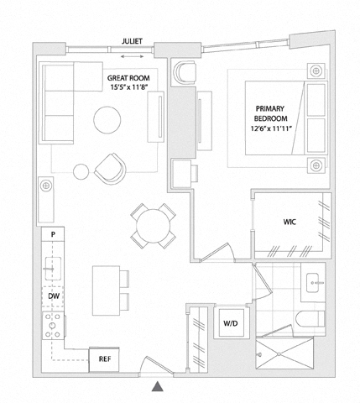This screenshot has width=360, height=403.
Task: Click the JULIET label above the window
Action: click(x=132, y=41)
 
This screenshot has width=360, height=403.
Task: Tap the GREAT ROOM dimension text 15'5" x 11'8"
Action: click(x=128, y=87)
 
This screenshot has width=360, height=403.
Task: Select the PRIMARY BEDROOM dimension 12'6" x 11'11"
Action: click(x=271, y=128)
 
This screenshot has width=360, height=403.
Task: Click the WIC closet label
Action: click(x=290, y=222)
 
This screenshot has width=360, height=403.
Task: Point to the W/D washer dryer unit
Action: click(x=231, y=323)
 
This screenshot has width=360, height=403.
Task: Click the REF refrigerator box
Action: click(x=104, y=359)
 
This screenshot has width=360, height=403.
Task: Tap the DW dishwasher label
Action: click(x=54, y=296)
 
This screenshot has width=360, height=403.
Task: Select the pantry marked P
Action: click(x=53, y=234)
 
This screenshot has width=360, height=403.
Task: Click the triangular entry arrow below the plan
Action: click(x=158, y=386)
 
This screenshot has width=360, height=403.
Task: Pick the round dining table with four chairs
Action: click(x=154, y=226)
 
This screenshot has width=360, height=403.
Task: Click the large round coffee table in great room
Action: click(x=107, y=120)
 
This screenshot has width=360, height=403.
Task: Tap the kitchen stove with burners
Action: click(x=53, y=326)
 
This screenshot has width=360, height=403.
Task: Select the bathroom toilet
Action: click(x=310, y=318)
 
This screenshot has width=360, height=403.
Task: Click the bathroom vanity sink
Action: click(x=312, y=282)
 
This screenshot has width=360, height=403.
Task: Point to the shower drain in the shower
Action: click(x=279, y=354)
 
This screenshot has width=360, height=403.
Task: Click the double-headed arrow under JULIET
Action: click(x=132, y=56)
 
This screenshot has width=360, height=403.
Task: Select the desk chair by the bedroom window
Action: click(x=185, y=72)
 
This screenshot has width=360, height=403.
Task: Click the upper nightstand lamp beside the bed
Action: click(x=316, y=71)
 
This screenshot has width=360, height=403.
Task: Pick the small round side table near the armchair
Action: click(x=81, y=171)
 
